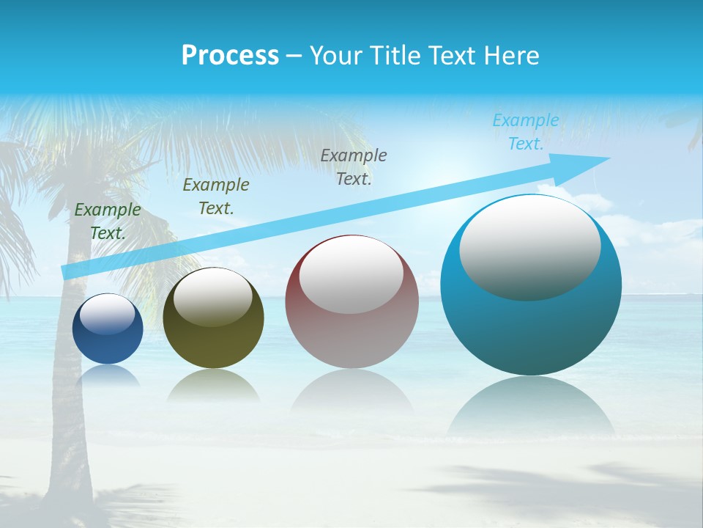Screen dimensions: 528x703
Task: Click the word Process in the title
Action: pyautogui.click(x=230, y=56)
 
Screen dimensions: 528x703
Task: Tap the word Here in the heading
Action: pyautogui.click(x=512, y=56)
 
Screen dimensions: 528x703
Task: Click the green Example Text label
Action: pyautogui.click(x=108, y=221)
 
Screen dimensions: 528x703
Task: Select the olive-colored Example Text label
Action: pyautogui.click(x=215, y=197)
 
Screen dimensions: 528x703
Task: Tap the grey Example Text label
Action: pyautogui.click(x=353, y=166)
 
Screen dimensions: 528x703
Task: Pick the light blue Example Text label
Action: pyautogui.click(x=525, y=132)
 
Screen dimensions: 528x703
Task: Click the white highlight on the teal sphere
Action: pyautogui.click(x=529, y=248)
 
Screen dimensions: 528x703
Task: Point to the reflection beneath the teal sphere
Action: pyautogui.click(x=531, y=407)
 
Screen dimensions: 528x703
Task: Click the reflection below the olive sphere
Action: pyautogui.click(x=213, y=386)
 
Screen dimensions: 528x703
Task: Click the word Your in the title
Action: pyautogui.click(x=334, y=56)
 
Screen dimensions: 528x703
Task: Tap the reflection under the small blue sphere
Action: pyautogui.click(x=108, y=376)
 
